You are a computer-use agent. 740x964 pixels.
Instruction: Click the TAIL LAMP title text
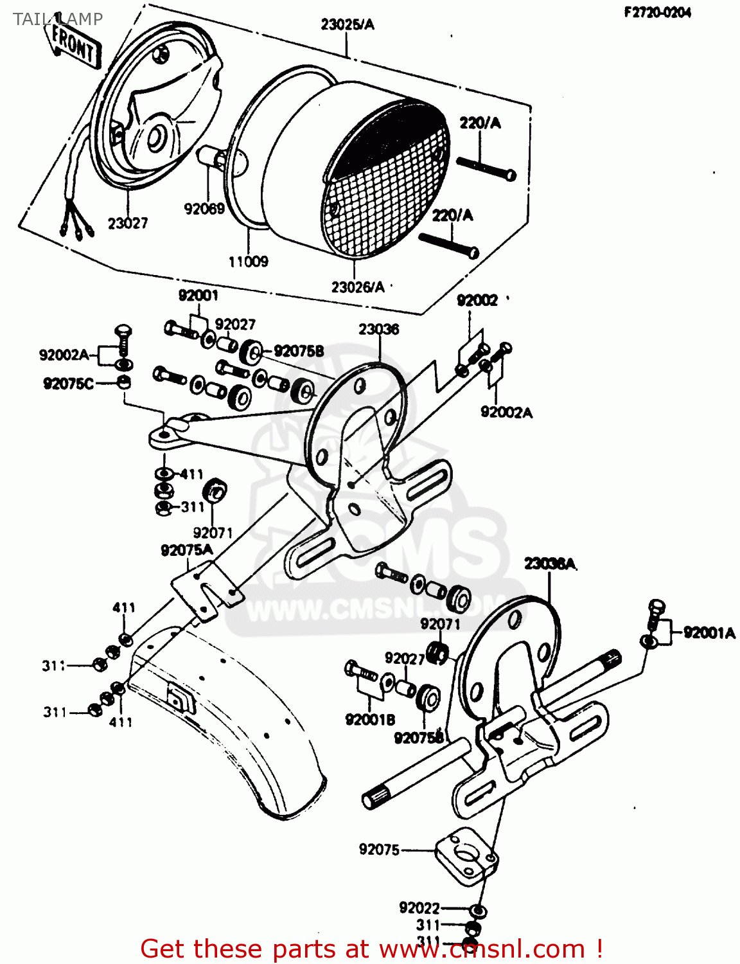[x=57, y=19]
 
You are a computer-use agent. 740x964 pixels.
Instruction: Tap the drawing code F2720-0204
[x=657, y=13]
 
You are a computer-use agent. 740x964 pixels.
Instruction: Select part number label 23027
[x=127, y=224]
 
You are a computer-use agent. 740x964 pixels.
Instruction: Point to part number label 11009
[x=248, y=262]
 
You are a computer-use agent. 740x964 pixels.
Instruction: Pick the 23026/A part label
[x=358, y=287]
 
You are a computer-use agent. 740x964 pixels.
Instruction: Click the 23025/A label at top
[x=347, y=24]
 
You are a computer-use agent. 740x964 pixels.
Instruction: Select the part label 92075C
[x=68, y=384]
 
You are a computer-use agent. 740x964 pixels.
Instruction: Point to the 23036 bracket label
[x=378, y=329]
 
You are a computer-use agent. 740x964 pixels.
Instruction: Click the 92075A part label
[x=186, y=550]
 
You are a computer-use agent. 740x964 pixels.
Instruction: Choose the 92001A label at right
[x=709, y=633]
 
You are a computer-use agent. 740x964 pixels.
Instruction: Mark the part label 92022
[x=419, y=907]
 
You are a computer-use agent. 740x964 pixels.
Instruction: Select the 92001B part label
[x=370, y=720]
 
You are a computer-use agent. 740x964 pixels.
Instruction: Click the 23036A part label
[x=549, y=564]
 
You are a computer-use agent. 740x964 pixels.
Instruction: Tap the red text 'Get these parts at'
[x=254, y=949]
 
